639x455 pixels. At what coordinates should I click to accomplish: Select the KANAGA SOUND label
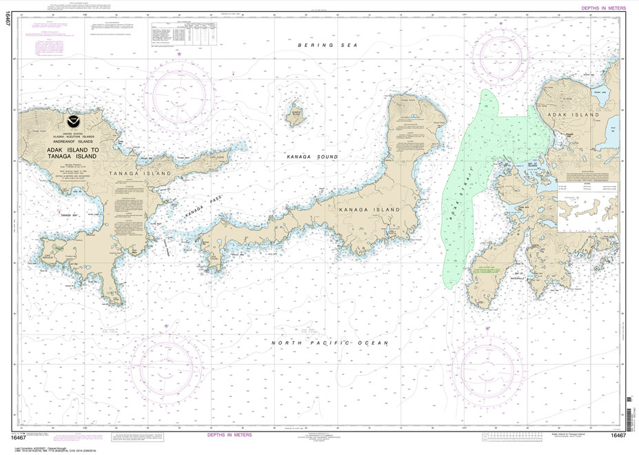[313, 157]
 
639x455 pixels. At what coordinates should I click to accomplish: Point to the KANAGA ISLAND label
[361, 208]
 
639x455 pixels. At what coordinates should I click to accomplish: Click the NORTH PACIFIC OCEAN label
[330, 343]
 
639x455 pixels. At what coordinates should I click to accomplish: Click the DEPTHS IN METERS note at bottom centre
[230, 435]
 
